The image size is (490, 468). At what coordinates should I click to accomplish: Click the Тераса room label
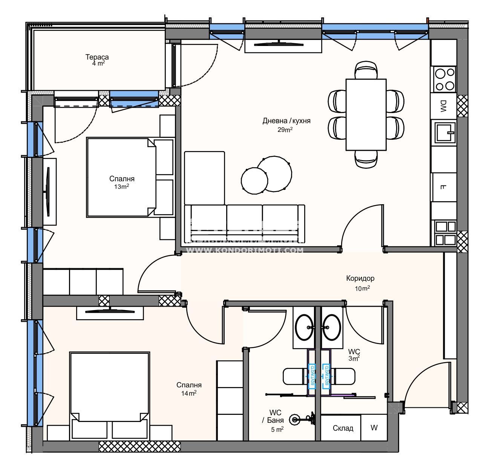[97, 57]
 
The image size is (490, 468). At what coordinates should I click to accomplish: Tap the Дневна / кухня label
[286, 121]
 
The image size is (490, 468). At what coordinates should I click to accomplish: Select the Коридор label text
[360, 278]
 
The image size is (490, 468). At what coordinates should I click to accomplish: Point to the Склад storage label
[343, 428]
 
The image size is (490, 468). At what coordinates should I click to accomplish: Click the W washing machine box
[374, 428]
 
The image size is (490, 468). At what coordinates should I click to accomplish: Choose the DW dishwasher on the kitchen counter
[443, 106]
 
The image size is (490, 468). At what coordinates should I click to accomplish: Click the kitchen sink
[444, 133]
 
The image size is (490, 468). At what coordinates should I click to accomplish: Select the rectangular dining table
[366, 115]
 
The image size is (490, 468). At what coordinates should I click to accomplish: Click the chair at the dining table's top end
[366, 70]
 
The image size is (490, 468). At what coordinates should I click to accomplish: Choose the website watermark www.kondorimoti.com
[245, 250]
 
